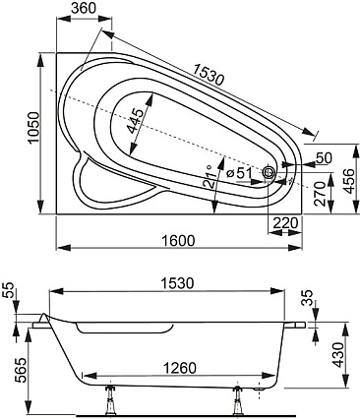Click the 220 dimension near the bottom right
coord(285,223)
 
